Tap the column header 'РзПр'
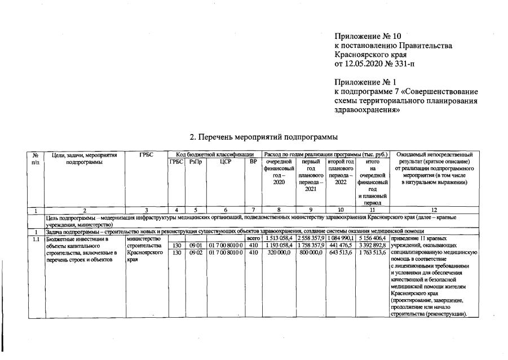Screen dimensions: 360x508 pos(196,162)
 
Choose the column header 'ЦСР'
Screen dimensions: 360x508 pos(226,162)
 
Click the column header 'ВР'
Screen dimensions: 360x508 pos(253,162)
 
